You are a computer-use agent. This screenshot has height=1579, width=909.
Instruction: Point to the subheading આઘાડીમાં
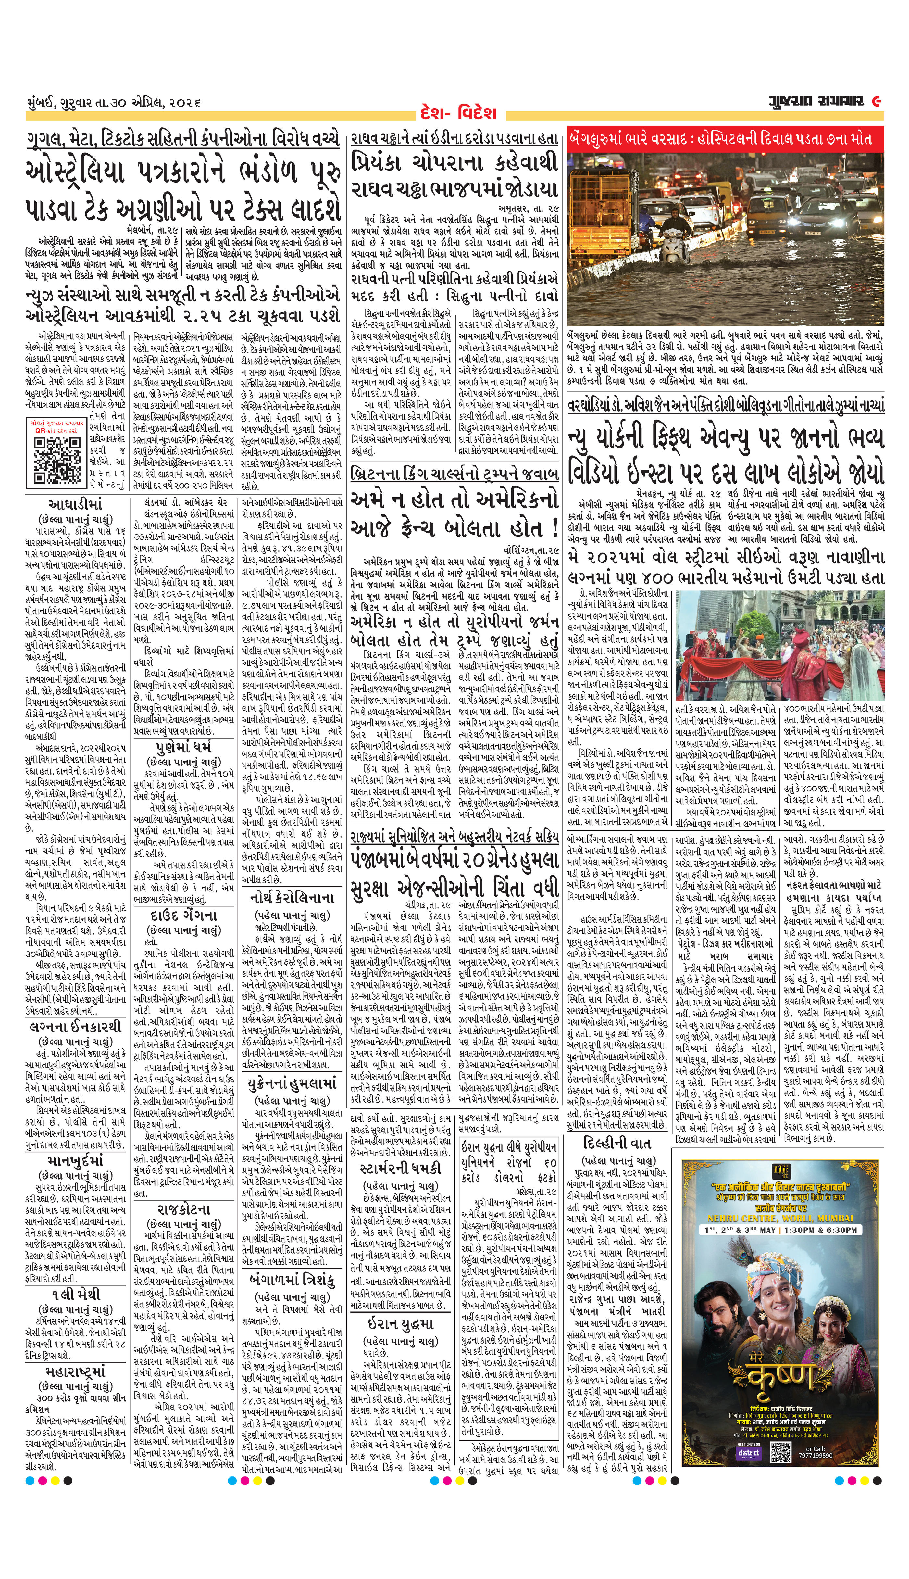75,504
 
